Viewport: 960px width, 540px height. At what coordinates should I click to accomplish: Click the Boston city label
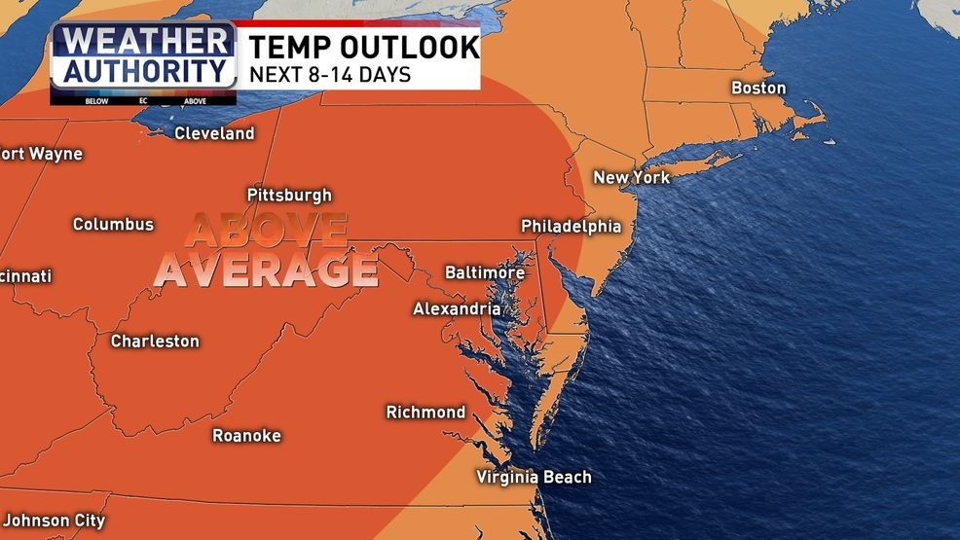(x=758, y=89)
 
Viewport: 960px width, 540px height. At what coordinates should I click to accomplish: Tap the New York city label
(x=632, y=177)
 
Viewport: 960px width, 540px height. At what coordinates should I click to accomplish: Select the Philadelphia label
(x=571, y=226)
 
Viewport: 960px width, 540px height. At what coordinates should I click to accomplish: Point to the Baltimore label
(x=485, y=272)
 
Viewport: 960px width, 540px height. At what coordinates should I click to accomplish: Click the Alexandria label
(x=457, y=308)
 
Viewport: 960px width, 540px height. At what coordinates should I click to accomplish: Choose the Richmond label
(x=425, y=412)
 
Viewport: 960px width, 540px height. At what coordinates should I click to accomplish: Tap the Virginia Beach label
(x=534, y=477)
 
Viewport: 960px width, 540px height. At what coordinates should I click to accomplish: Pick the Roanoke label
(x=246, y=435)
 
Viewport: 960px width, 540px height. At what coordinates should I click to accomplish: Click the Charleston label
(x=155, y=341)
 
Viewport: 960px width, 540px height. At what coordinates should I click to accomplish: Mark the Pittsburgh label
(x=289, y=195)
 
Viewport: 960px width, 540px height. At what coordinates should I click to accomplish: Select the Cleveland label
(x=214, y=133)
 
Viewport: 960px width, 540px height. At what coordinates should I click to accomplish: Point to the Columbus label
(x=113, y=224)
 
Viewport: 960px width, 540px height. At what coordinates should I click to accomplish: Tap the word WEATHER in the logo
(x=142, y=41)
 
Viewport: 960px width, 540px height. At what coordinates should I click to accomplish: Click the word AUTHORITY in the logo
(x=142, y=70)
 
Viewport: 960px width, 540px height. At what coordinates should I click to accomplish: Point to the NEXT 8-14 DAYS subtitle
(x=330, y=74)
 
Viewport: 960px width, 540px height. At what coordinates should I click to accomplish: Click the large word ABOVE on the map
(x=266, y=231)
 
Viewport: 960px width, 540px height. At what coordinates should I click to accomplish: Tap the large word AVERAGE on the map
(x=267, y=270)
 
